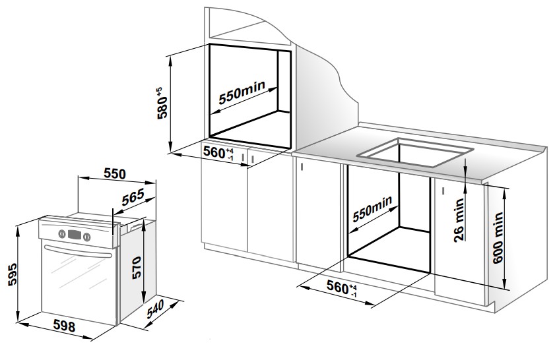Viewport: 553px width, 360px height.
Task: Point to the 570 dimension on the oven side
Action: point(137,266)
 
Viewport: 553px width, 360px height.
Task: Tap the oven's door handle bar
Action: point(78,251)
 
